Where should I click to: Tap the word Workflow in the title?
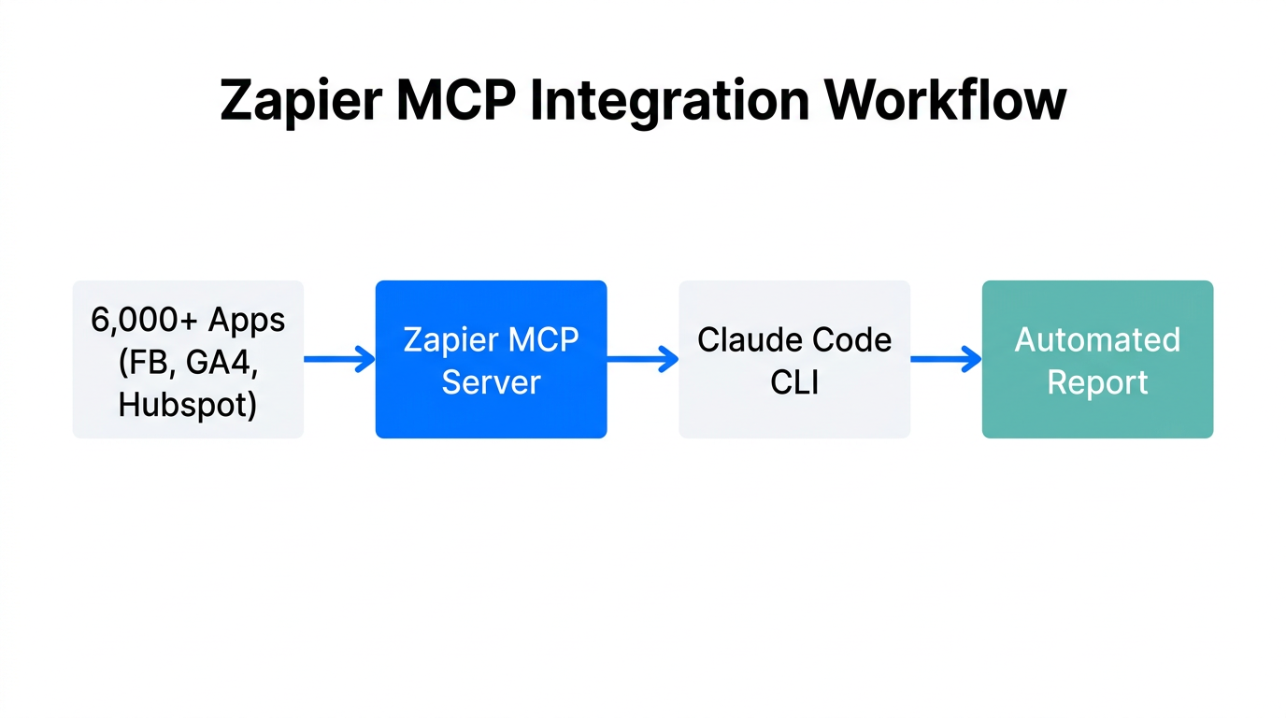point(945,100)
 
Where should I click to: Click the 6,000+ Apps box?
point(188,359)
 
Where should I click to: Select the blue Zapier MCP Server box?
point(491,359)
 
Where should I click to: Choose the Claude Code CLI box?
point(794,359)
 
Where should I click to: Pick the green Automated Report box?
point(1097,359)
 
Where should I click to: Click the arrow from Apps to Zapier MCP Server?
point(339,359)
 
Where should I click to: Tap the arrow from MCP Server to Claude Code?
point(643,359)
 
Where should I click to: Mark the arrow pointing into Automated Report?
point(946,359)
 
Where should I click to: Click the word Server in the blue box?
point(491,382)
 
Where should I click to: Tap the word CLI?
point(794,382)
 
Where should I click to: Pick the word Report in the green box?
point(1097,382)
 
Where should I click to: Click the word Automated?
point(1097,339)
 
